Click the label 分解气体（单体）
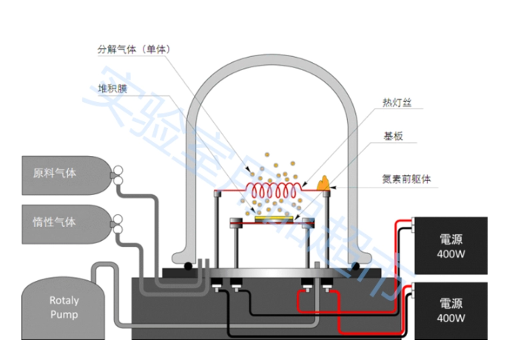coord(134,50)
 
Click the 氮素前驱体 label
coord(406,179)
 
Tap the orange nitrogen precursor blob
coord(323,182)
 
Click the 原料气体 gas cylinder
coord(62,174)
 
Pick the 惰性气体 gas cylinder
coord(62,222)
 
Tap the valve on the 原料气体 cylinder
coord(116,175)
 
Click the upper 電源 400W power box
coord(450,246)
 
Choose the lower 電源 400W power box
coord(450,310)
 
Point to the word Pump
coord(64,314)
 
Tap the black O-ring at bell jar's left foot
coord(190,266)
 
